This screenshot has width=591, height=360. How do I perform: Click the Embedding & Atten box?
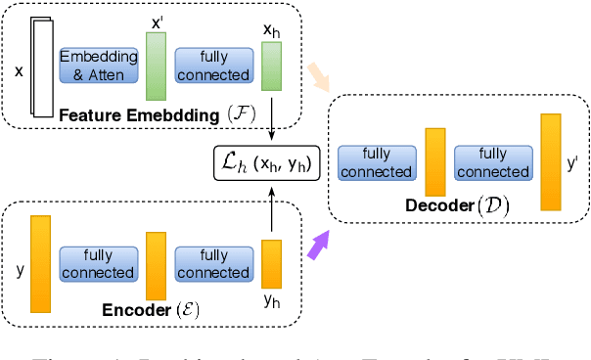pyautogui.click(x=99, y=66)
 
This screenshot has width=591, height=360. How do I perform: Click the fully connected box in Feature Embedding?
pyautogui.click(x=213, y=66)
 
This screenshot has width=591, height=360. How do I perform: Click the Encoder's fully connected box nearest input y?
pyautogui.click(x=98, y=262)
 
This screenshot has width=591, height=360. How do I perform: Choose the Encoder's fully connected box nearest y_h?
pyautogui.click(x=213, y=262)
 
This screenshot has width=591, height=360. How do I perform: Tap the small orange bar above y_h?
pyautogui.click(x=271, y=262)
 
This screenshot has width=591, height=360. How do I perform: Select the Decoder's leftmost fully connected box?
pyautogui.click(x=375, y=163)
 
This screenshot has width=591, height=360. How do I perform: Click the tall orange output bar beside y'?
pyautogui.click(x=551, y=162)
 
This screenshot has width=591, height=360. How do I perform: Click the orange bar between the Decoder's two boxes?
pyautogui.click(x=434, y=162)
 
